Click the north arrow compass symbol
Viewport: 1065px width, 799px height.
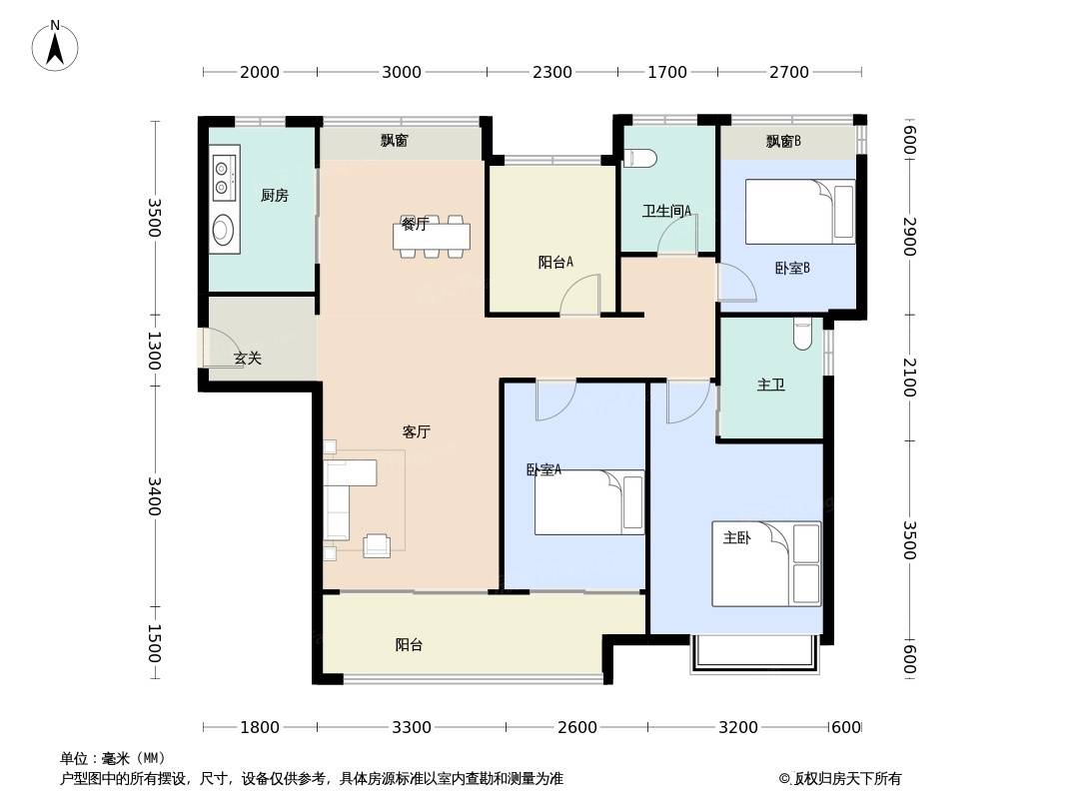click(x=55, y=46)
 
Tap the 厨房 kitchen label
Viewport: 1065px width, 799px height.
click(x=275, y=196)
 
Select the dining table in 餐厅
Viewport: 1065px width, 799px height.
click(x=432, y=237)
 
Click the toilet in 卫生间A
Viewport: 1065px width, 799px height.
click(x=639, y=158)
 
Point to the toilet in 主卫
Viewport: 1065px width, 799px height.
click(x=802, y=334)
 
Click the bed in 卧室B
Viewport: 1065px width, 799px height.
click(x=800, y=211)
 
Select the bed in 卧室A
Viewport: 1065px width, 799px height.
click(x=588, y=502)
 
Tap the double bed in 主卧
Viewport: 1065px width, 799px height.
click(x=766, y=563)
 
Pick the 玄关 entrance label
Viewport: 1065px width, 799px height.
click(x=247, y=358)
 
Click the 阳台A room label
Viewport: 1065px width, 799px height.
click(x=555, y=262)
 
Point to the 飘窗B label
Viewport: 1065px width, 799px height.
click(x=783, y=141)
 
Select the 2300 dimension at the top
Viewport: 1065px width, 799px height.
click(x=552, y=72)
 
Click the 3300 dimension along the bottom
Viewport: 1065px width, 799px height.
click(x=412, y=727)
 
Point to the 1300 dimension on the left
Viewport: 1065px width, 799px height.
click(x=154, y=351)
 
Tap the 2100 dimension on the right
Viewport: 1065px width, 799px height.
click(x=909, y=378)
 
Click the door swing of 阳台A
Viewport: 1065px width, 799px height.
click(x=580, y=294)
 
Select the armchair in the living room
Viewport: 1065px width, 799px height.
click(x=377, y=545)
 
